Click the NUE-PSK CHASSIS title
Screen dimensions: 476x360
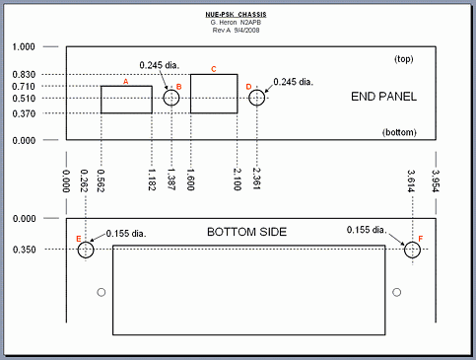[236, 15]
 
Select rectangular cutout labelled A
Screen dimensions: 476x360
[126, 86]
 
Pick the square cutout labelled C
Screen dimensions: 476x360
[214, 74]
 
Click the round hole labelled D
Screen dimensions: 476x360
[256, 90]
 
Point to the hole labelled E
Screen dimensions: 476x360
[86, 242]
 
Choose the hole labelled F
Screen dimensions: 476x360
[412, 242]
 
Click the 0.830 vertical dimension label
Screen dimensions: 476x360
[24, 75]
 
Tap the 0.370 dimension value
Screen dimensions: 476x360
[24, 113]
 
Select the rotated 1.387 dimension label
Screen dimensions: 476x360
[171, 180]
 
